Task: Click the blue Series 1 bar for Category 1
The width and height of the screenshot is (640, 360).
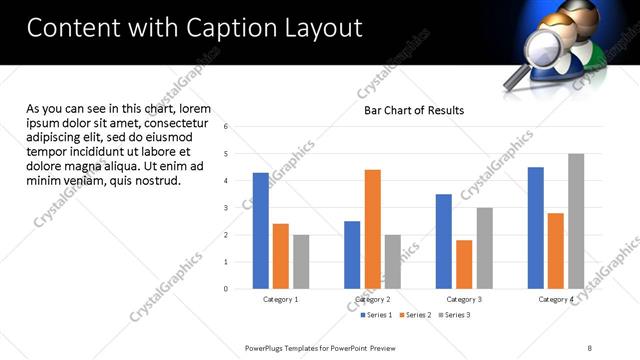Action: [261, 230]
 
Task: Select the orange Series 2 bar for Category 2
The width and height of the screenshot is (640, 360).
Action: [372, 229]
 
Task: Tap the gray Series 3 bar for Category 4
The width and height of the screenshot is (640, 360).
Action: [576, 221]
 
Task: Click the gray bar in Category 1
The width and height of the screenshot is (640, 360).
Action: [301, 261]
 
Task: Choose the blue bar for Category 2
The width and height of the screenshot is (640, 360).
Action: [352, 254]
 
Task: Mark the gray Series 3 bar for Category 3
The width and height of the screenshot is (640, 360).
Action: [484, 248]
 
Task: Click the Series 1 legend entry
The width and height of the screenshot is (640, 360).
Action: [377, 315]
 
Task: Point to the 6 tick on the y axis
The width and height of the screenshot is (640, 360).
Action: [226, 127]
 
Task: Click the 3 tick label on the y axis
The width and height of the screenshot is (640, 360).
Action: [226, 208]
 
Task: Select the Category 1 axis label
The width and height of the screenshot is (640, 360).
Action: [281, 299]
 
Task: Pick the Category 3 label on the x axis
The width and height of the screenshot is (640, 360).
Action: [464, 299]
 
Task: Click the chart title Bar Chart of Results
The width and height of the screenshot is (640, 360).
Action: [413, 110]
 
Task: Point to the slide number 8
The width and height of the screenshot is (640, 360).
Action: [589, 347]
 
